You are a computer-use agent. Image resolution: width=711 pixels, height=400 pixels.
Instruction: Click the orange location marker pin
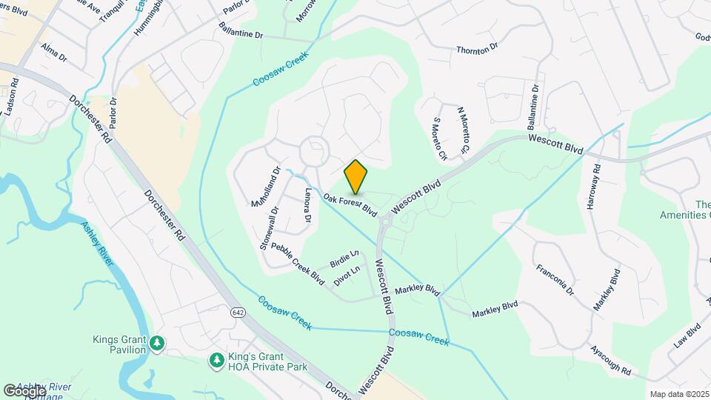pos(356,176)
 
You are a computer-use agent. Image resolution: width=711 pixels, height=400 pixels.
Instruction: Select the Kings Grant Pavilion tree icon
pos(157,343)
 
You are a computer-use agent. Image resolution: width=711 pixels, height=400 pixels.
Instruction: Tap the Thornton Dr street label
pos(477,50)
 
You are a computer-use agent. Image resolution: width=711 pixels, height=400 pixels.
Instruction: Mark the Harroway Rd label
pos(592,186)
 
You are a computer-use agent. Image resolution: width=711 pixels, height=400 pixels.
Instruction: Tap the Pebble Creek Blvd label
pos(298,262)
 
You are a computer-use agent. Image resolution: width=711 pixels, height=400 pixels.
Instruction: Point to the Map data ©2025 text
pos(678,394)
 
